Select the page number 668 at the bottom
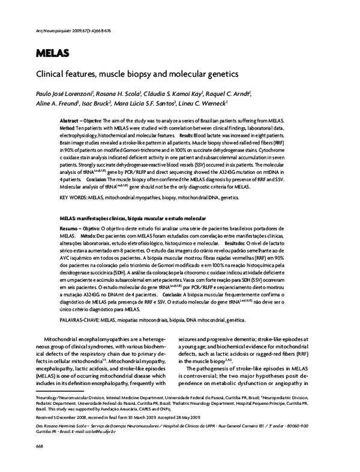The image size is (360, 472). point(41,447)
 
